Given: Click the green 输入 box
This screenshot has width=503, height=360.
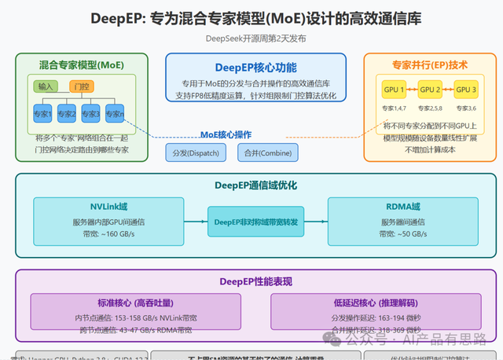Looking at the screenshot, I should click(x=46, y=86).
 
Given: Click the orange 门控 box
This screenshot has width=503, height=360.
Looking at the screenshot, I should click(x=81, y=86).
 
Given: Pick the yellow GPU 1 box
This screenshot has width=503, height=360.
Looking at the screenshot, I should click(x=392, y=89).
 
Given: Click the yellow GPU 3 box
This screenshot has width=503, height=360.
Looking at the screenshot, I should click(x=467, y=89).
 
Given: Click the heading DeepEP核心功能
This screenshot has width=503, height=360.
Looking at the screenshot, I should click(x=255, y=67).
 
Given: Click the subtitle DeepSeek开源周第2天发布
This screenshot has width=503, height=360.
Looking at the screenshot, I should click(x=251, y=38).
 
